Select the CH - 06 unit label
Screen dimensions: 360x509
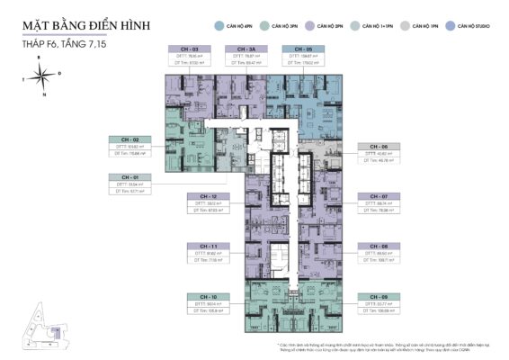click(x=380, y=146)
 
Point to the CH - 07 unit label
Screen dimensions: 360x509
click(x=380, y=195)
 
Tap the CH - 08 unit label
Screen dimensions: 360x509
click(x=380, y=246)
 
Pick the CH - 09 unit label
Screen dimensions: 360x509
click(x=380, y=296)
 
